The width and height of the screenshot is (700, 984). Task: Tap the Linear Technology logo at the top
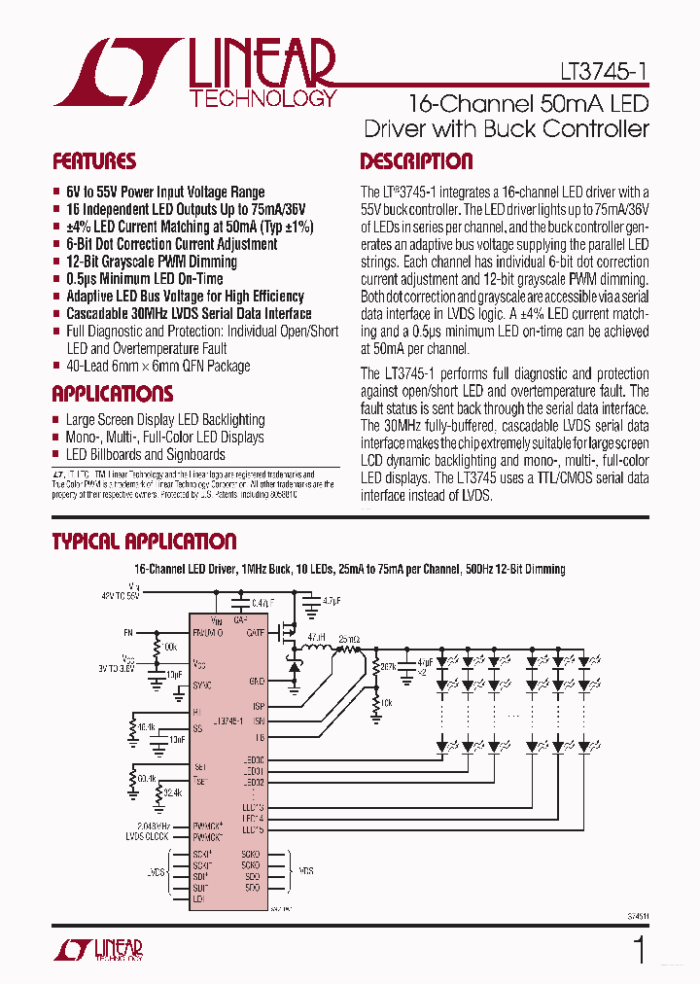195,73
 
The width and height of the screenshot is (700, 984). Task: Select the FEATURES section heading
94,161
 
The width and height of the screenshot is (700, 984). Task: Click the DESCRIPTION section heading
416,161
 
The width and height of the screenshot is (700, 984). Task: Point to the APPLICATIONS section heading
113,394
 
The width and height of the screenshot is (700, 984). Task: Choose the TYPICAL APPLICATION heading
144,542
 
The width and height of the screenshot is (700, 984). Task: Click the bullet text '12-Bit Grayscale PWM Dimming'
152,262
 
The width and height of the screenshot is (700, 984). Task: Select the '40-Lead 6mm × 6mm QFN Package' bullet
157,367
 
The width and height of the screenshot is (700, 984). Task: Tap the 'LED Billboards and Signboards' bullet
146,454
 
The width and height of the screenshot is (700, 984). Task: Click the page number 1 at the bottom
639,949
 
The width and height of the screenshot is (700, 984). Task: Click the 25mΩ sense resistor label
349,639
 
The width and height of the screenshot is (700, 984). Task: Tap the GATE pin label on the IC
255,632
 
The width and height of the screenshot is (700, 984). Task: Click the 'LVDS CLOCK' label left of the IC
147,836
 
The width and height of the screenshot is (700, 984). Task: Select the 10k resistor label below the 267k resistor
386,701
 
